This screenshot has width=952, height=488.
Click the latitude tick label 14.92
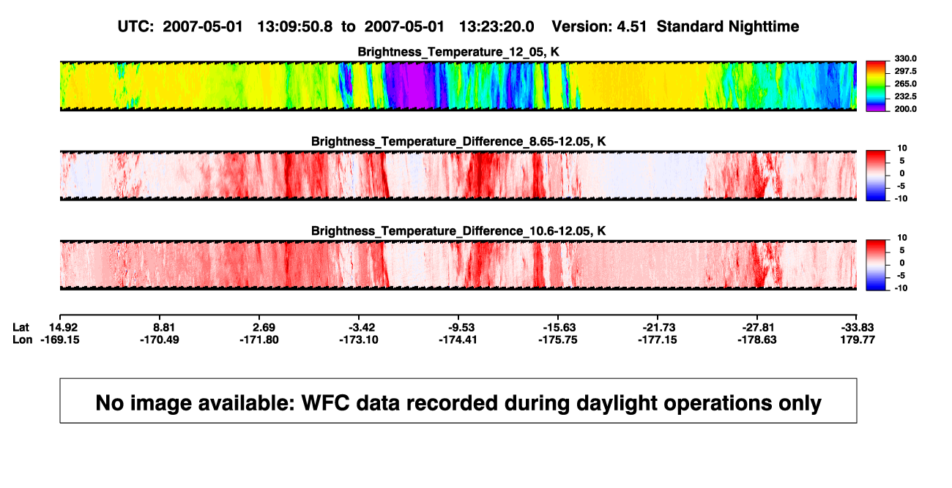click(x=63, y=328)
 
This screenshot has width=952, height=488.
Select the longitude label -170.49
click(x=160, y=339)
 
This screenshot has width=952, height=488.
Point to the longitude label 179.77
click(x=858, y=339)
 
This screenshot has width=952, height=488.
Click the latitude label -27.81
click(x=758, y=328)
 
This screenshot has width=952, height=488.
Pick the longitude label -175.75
click(x=557, y=339)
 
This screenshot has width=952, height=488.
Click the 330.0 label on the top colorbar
click(x=905, y=59)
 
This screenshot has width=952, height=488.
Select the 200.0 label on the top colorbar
click(x=905, y=109)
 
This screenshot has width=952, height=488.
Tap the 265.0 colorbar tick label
click(x=905, y=83)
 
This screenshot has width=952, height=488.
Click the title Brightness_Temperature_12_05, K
click(x=458, y=52)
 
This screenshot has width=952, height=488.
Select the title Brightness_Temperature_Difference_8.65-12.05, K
click(x=458, y=141)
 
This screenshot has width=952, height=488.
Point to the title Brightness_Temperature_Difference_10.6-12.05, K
click(x=458, y=231)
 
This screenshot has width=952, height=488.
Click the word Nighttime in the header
click(x=763, y=27)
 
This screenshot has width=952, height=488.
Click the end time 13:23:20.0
click(x=497, y=26)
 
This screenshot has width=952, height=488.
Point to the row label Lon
click(x=23, y=339)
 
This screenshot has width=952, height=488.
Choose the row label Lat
click(x=21, y=328)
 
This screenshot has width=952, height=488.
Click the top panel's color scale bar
click(x=876, y=86)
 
